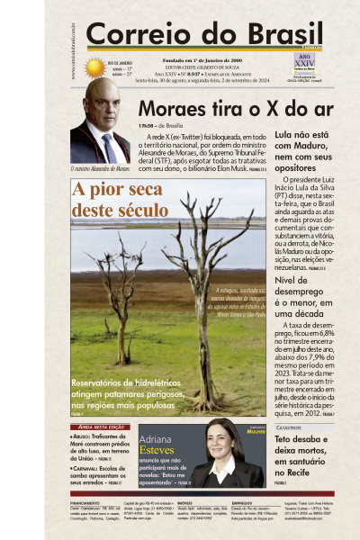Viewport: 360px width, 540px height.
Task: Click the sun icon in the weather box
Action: pos(94,67)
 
